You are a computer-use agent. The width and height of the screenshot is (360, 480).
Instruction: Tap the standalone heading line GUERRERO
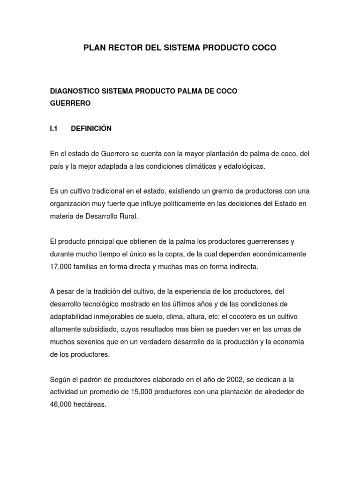(x=70, y=104)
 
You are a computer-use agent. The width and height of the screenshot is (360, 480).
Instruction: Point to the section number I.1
(x=53, y=128)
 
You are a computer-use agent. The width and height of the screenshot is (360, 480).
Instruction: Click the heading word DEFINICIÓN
(x=91, y=128)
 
